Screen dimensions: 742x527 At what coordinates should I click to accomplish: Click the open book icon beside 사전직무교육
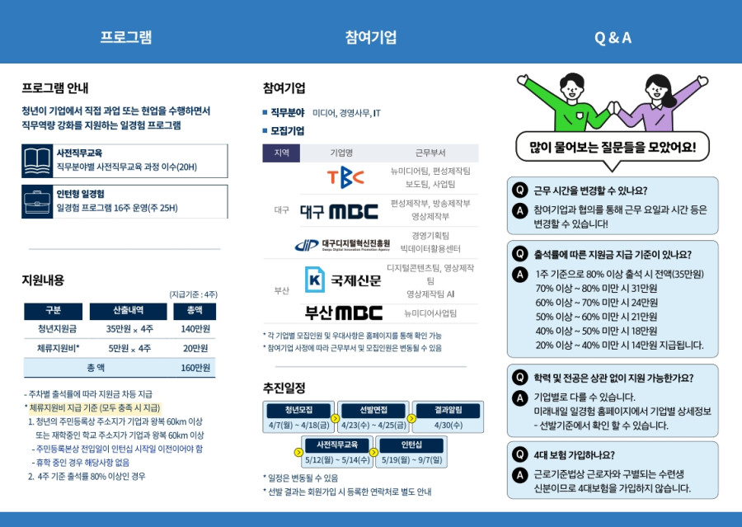pos(37,161)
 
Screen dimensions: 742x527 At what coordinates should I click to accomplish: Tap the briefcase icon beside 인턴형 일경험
pos(37,202)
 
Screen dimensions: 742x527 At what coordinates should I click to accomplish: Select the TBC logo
pos(345,177)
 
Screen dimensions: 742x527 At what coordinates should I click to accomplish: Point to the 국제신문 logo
pos(343,280)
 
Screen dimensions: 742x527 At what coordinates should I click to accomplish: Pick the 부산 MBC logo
pos(344,313)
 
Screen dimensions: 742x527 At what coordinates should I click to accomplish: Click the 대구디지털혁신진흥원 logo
pos(343,245)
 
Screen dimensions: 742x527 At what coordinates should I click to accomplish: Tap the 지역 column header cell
pos(281,153)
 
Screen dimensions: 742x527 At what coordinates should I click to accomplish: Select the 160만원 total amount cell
pos(195,368)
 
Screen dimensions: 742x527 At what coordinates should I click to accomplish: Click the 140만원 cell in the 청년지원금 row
pos(195,329)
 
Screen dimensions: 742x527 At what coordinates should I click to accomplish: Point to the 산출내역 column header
pos(129,311)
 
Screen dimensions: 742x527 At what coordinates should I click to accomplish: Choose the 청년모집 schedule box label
pos(298,410)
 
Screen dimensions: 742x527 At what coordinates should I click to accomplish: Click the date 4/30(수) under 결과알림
pos(448,426)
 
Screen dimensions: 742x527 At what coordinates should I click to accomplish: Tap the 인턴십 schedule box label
pos(411,445)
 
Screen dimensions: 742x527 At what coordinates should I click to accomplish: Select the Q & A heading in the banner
pos(613,37)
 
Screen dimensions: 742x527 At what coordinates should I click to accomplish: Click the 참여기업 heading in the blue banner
pos(371,37)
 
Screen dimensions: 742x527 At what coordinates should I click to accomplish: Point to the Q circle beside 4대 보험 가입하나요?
pos(519,455)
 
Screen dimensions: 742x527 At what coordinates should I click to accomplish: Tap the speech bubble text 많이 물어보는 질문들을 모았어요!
pos(613,148)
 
